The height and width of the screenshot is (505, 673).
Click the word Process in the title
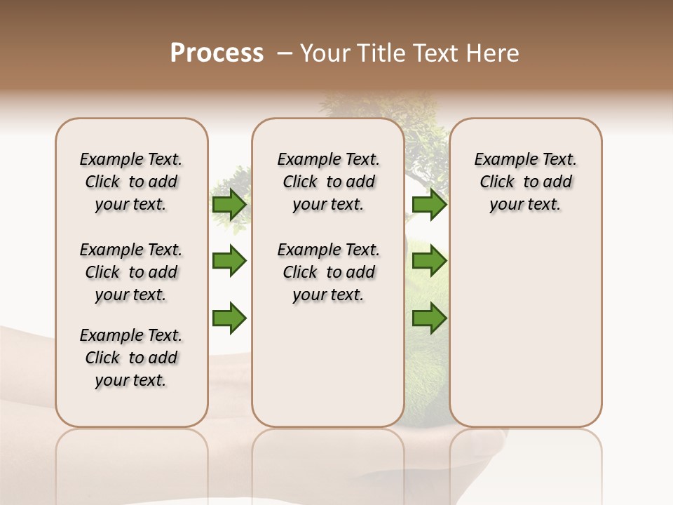(217, 53)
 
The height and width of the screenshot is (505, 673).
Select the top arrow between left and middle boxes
(229, 205)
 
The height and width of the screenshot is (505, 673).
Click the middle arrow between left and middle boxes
(229, 261)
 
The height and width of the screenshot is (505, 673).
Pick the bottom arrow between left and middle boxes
(229, 318)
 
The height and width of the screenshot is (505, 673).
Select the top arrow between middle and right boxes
(430, 205)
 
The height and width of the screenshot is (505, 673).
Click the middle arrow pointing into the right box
(430, 261)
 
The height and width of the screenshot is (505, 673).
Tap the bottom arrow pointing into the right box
(430, 318)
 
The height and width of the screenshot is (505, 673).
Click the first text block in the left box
(131, 182)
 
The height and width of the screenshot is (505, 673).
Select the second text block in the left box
(131, 272)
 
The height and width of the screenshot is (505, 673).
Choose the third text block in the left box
(131, 358)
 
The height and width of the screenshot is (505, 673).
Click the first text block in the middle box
(328, 182)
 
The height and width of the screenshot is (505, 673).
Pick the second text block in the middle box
(328, 272)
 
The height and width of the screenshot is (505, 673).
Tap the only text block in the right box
(525, 182)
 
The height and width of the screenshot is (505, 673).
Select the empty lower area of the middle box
(328, 365)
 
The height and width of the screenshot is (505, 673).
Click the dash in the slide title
(285, 53)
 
